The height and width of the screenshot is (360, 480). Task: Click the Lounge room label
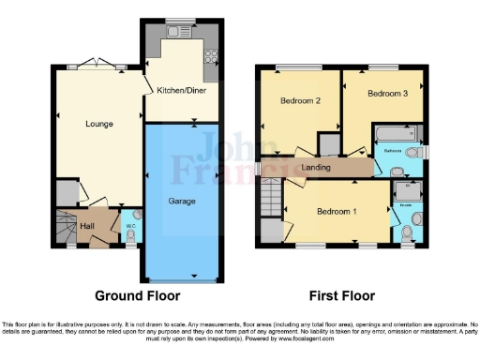point(98,123)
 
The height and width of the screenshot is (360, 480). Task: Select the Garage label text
point(183,201)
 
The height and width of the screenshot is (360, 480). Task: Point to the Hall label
point(87,227)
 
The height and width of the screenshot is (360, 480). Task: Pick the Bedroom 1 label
point(337,212)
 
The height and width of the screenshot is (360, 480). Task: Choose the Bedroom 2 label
point(301,100)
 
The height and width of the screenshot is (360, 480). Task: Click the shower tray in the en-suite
point(410,189)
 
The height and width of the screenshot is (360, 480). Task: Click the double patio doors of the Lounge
point(97,66)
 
